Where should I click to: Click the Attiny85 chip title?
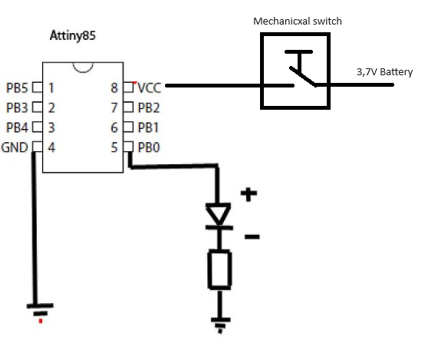pyautogui.click(x=73, y=36)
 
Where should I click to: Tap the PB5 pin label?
pyautogui.click(x=17, y=88)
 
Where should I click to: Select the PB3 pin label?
pyautogui.click(x=17, y=107)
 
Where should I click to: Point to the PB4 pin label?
pyautogui.click(x=17, y=127)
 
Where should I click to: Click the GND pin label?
pyautogui.click(x=15, y=147)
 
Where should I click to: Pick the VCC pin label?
pyautogui.click(x=150, y=88)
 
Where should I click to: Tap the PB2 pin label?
pyautogui.click(x=149, y=107)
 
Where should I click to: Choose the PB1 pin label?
pyautogui.click(x=148, y=127)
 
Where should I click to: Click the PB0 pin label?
pyautogui.click(x=149, y=147)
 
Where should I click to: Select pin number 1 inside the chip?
pyautogui.click(x=51, y=88)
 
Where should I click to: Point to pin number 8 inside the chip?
pyautogui.click(x=114, y=88)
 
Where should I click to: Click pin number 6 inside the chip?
pyautogui.click(x=114, y=127)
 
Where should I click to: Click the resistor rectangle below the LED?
pyautogui.click(x=219, y=269)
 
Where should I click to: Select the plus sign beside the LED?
pyautogui.click(x=249, y=194)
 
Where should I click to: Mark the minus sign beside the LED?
pyautogui.click(x=252, y=236)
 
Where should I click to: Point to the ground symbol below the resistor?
pyautogui.click(x=221, y=325)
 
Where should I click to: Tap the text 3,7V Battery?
pyautogui.click(x=384, y=72)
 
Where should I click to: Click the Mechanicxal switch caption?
pyautogui.click(x=298, y=21)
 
